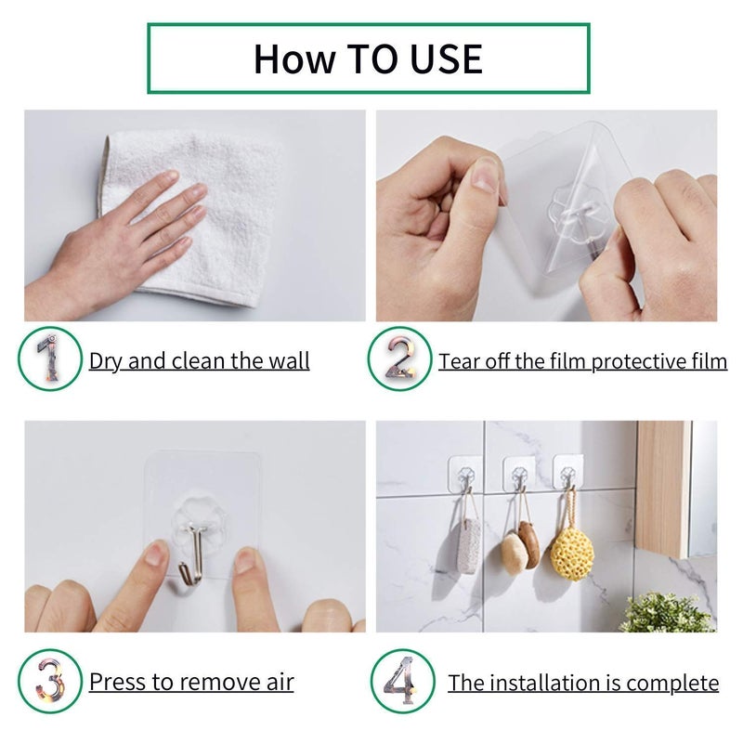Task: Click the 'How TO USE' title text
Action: (368, 59)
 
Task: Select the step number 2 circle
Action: (399, 358)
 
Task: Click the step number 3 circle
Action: (49, 681)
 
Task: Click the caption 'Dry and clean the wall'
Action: (199, 360)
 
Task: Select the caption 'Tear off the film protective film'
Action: (582, 360)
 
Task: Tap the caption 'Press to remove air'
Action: (191, 682)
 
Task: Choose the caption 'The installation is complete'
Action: (583, 684)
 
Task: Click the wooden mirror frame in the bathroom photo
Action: (662, 488)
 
